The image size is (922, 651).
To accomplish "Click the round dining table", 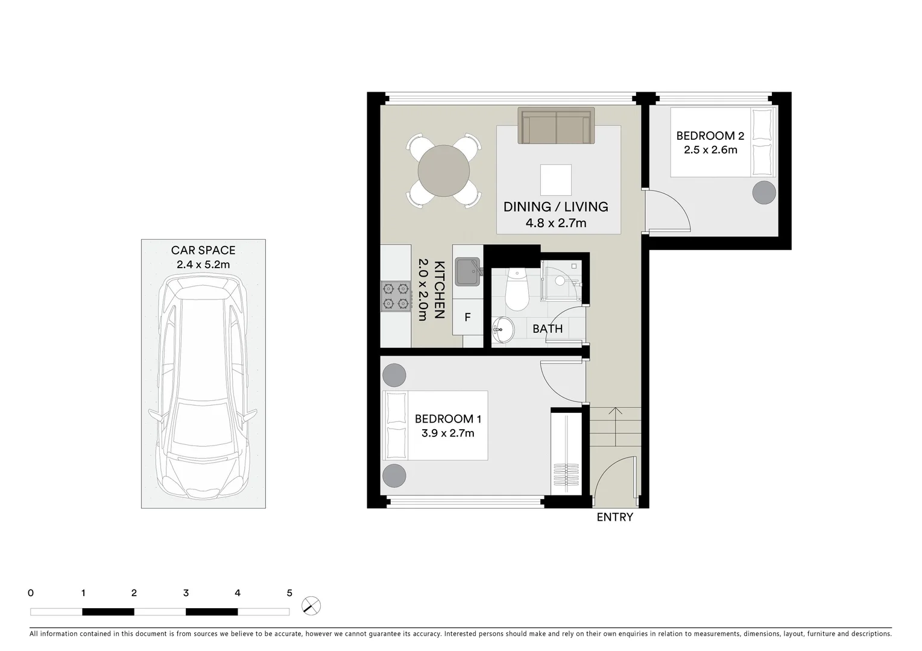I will point(444,171).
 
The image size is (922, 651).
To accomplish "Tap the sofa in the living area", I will point(556,126).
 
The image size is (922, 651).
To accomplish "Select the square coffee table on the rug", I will point(555,180).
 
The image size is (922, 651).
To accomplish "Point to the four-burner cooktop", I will point(396,297).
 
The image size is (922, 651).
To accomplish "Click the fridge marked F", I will point(467,317).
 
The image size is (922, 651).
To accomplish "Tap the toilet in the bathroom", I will point(517,290).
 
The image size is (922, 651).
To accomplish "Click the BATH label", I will point(548,329).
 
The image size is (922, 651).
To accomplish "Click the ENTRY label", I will point(614,517).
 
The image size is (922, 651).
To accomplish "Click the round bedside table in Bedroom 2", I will point(764,192).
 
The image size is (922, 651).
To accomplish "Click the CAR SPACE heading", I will point(203,250).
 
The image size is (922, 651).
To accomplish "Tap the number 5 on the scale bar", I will point(289,593).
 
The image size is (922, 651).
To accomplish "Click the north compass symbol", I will point(311,605).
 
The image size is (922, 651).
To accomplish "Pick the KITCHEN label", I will point(440,289).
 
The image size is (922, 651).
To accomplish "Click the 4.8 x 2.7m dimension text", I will point(556,223).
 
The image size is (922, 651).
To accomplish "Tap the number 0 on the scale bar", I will point(31,593).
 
